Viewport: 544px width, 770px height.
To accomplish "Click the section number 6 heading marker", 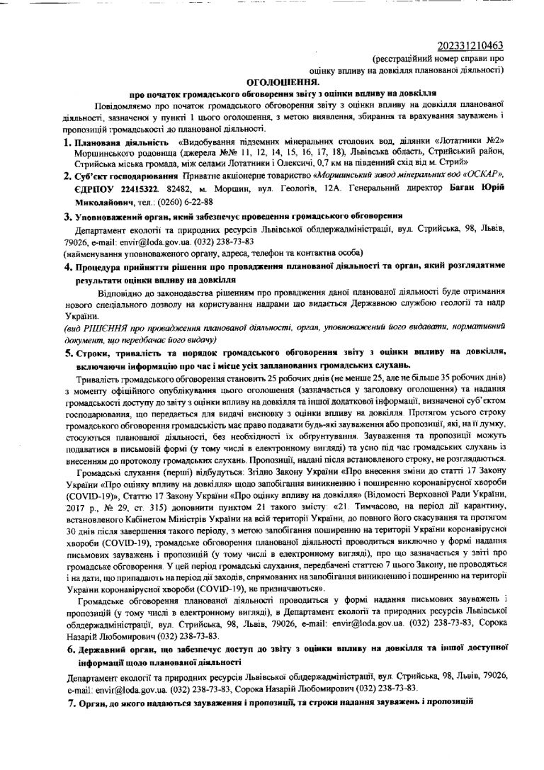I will (x=71, y=648).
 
